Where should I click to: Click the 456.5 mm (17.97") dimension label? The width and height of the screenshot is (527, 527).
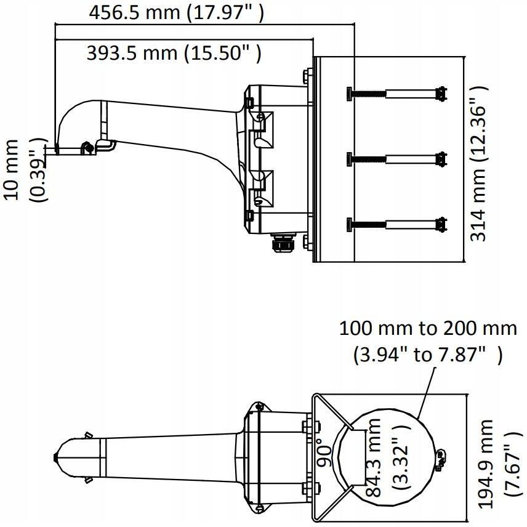(x=176, y=13)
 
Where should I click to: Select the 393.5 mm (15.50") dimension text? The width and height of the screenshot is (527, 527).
(x=174, y=53)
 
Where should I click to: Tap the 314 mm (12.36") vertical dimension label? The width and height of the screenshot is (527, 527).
(x=478, y=163)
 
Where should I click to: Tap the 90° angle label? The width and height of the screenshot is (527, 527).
(x=325, y=452)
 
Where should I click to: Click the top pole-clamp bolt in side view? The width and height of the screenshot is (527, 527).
(x=396, y=94)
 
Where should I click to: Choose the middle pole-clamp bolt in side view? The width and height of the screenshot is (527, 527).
(x=396, y=159)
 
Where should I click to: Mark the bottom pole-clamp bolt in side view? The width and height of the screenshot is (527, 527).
(x=396, y=224)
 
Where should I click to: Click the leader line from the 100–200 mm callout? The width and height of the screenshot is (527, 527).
(x=427, y=393)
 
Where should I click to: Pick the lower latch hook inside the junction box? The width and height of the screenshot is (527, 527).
(x=262, y=188)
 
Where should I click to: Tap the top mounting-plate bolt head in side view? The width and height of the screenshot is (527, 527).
(x=308, y=76)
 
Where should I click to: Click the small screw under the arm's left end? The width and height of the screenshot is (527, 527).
(x=87, y=147)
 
